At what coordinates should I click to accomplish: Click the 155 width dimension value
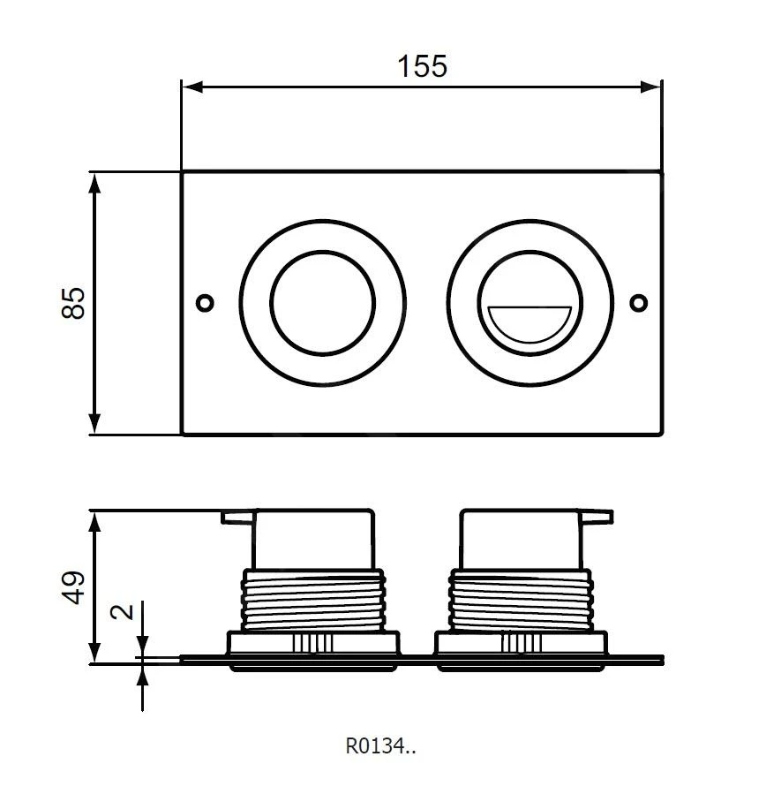click(x=421, y=65)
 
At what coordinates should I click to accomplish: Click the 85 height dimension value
click(x=75, y=303)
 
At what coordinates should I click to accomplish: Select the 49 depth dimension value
click(x=75, y=587)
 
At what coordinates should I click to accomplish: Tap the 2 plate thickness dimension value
click(x=124, y=611)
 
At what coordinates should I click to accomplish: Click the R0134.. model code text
click(x=380, y=747)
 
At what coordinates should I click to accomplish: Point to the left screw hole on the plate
click(x=205, y=303)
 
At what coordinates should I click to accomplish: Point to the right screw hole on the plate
click(x=638, y=303)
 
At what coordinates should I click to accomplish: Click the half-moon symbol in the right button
click(x=528, y=323)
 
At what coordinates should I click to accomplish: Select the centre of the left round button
click(x=315, y=303)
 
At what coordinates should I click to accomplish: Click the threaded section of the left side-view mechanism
click(x=315, y=600)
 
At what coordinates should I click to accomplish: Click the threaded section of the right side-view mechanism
click(x=523, y=600)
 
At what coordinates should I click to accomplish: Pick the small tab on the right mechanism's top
click(x=597, y=515)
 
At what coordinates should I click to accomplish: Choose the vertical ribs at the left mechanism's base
click(x=314, y=643)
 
